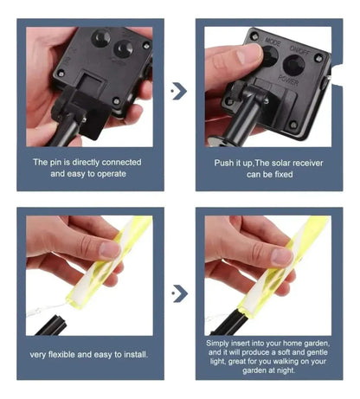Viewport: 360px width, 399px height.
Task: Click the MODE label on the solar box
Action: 273,42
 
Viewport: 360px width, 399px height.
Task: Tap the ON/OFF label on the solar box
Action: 299,50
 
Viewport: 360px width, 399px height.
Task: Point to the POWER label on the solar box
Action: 288,80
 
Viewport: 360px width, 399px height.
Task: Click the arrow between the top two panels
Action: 179,91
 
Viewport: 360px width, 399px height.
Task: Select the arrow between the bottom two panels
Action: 180,293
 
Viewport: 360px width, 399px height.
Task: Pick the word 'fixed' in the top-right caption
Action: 284,174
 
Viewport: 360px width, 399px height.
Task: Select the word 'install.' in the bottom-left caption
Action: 136,354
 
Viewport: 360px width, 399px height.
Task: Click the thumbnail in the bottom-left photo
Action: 110,249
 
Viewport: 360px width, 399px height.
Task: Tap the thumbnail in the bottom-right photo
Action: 282,256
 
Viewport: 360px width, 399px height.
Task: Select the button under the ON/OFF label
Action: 294,65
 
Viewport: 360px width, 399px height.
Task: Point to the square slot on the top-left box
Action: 91,81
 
